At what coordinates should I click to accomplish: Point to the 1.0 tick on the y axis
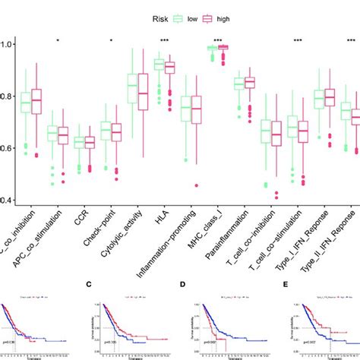7,45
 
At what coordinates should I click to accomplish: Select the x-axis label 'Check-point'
101,228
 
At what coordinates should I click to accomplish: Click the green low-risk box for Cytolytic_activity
132,88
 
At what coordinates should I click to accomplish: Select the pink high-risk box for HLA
169,68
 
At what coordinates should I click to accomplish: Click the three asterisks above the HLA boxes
164,40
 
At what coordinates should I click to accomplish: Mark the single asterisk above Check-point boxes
111,40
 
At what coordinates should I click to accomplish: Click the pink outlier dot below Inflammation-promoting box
196,185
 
